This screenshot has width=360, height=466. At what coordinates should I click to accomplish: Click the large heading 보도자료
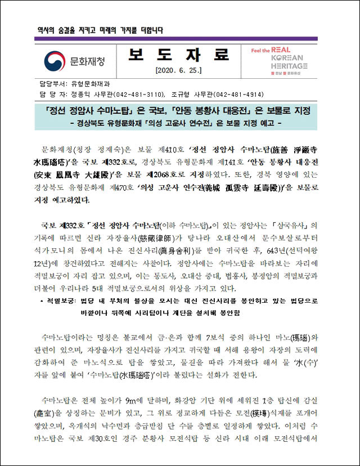(178, 55)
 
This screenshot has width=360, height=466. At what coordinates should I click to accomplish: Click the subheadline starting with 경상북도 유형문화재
(179, 122)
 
